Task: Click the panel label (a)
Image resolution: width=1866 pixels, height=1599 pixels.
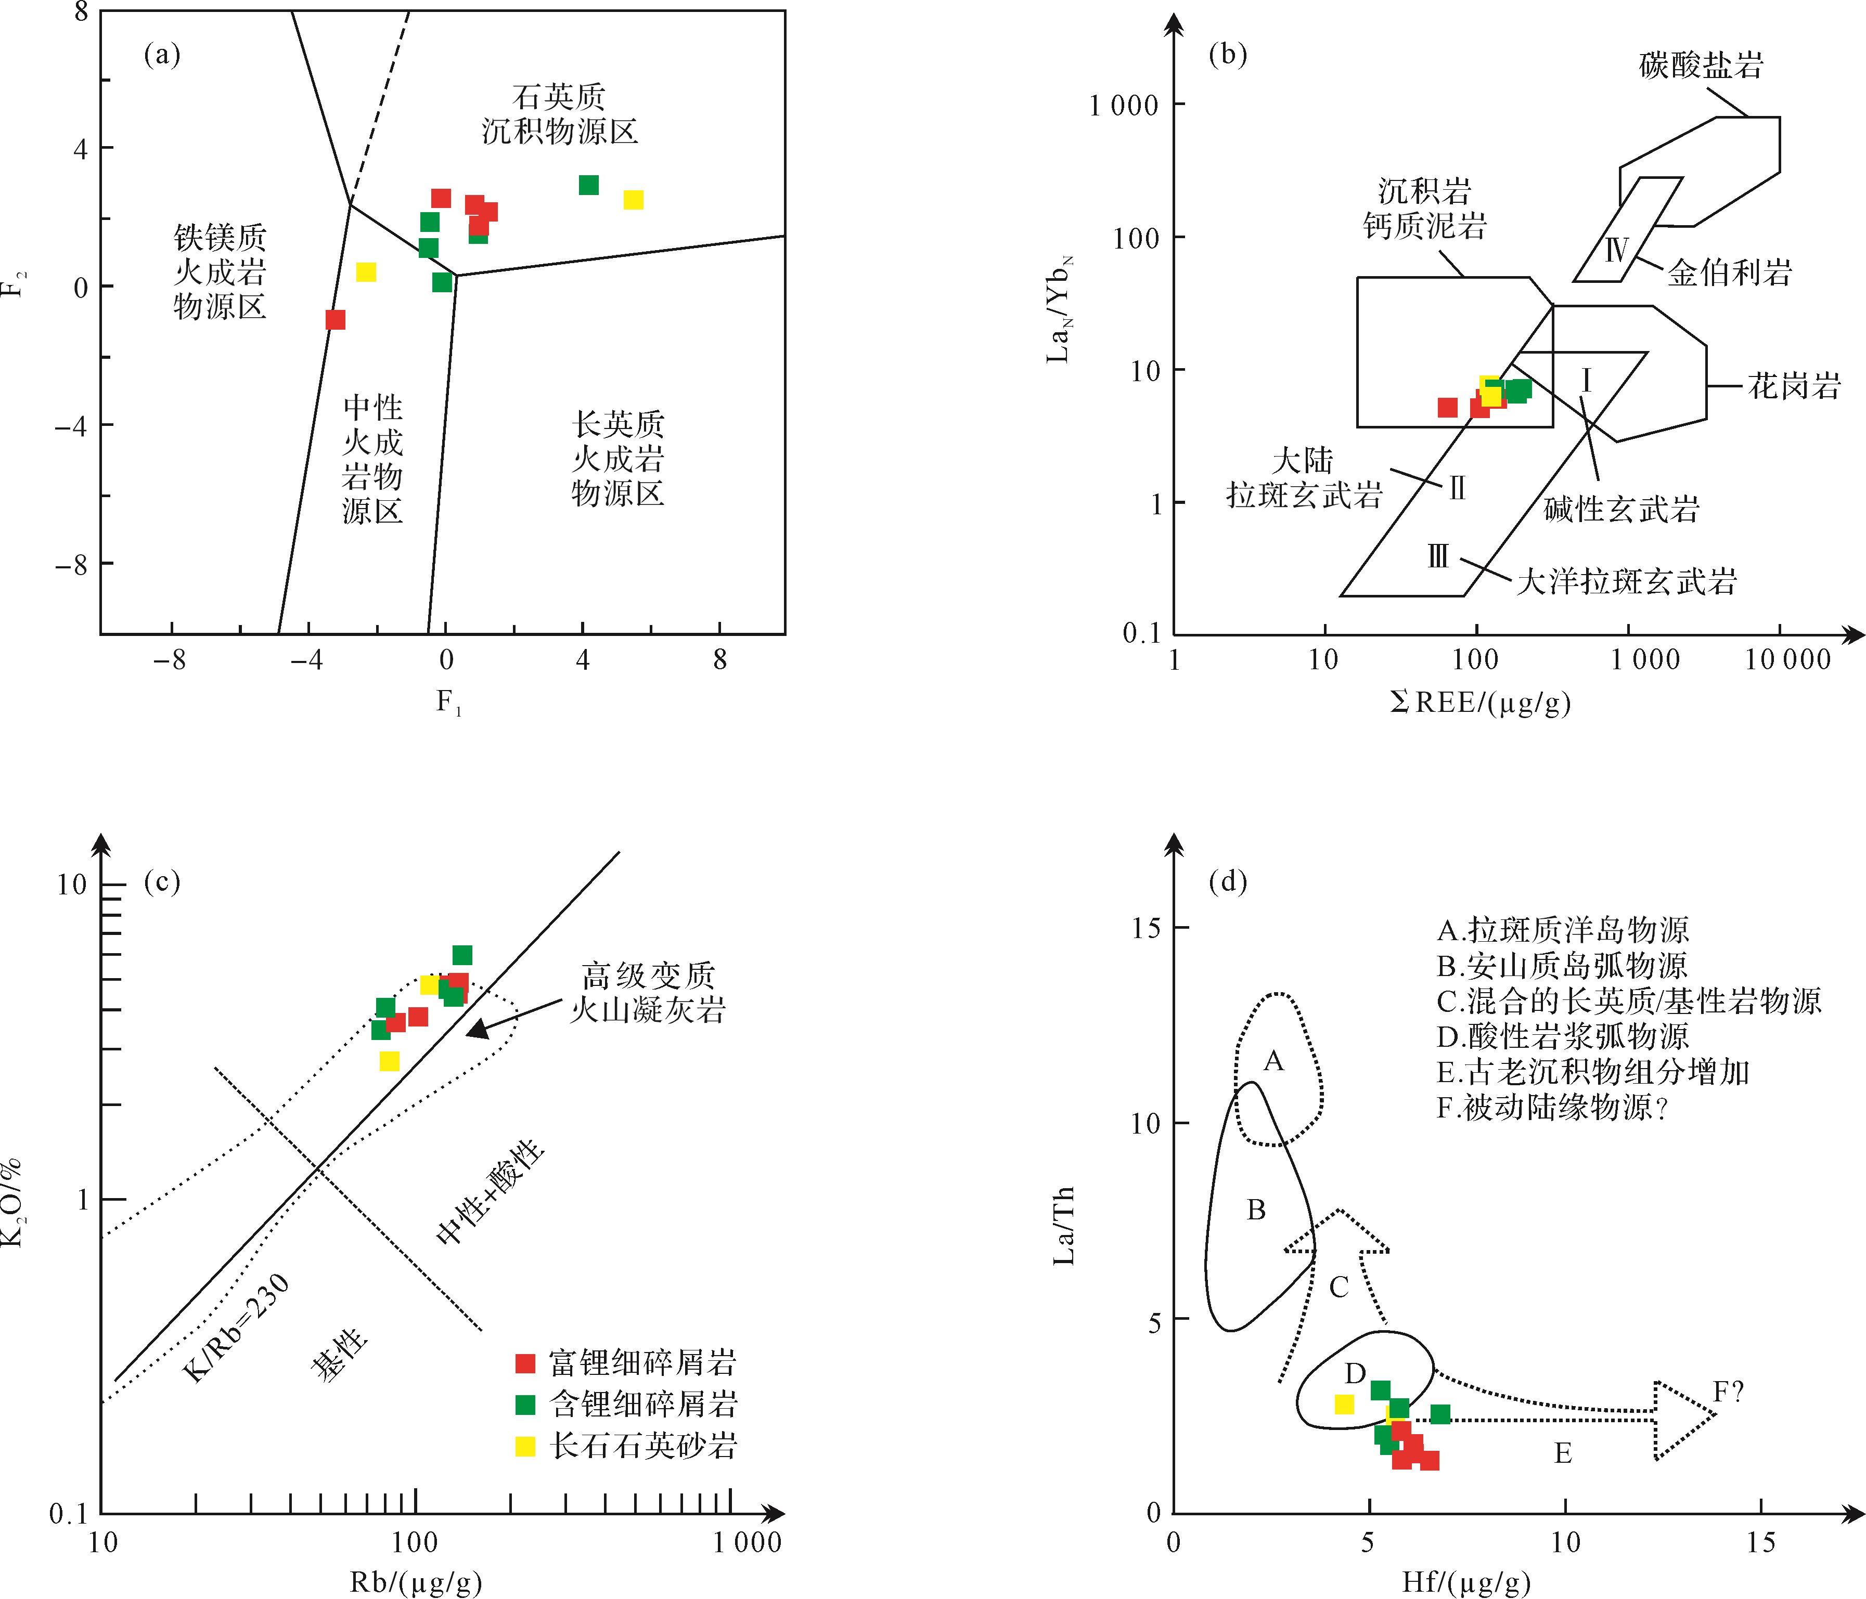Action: point(162,56)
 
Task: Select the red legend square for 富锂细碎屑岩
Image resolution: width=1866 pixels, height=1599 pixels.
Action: point(525,1363)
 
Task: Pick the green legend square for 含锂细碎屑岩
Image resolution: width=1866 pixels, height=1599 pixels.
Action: point(525,1405)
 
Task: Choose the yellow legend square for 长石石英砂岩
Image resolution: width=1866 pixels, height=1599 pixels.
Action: point(525,1447)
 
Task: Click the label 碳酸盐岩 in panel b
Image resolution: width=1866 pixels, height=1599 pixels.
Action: point(1700,65)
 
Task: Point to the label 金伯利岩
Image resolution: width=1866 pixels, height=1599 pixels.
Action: point(1729,272)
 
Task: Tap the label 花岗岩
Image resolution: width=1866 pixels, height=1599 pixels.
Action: point(1794,386)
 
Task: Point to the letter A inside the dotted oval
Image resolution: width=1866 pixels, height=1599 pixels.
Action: point(1273,1061)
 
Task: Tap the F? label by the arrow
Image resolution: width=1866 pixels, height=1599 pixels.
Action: point(1728,1393)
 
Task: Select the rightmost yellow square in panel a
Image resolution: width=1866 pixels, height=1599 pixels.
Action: point(633,200)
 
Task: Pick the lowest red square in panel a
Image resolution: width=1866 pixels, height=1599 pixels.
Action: point(335,320)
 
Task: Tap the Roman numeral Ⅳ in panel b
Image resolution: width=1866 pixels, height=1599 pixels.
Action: point(1616,250)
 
